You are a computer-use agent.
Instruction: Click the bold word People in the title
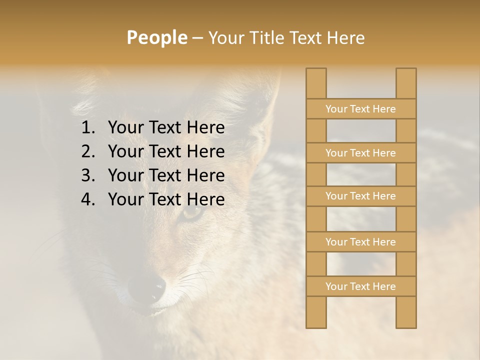click(156, 38)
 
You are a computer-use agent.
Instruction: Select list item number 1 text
click(166, 128)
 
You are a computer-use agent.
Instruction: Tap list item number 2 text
click(166, 151)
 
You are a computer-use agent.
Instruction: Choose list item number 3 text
click(166, 175)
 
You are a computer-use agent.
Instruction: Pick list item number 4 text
click(166, 199)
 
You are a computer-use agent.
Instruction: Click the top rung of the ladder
click(360, 109)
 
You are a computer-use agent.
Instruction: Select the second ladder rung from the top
click(360, 153)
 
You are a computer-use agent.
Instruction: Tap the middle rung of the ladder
click(360, 196)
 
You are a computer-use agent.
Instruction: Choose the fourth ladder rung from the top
click(360, 242)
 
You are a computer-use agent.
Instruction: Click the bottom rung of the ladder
click(360, 286)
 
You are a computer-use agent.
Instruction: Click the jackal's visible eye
click(192, 213)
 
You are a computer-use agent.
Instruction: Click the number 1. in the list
click(88, 128)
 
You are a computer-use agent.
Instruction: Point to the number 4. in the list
click(88, 199)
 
